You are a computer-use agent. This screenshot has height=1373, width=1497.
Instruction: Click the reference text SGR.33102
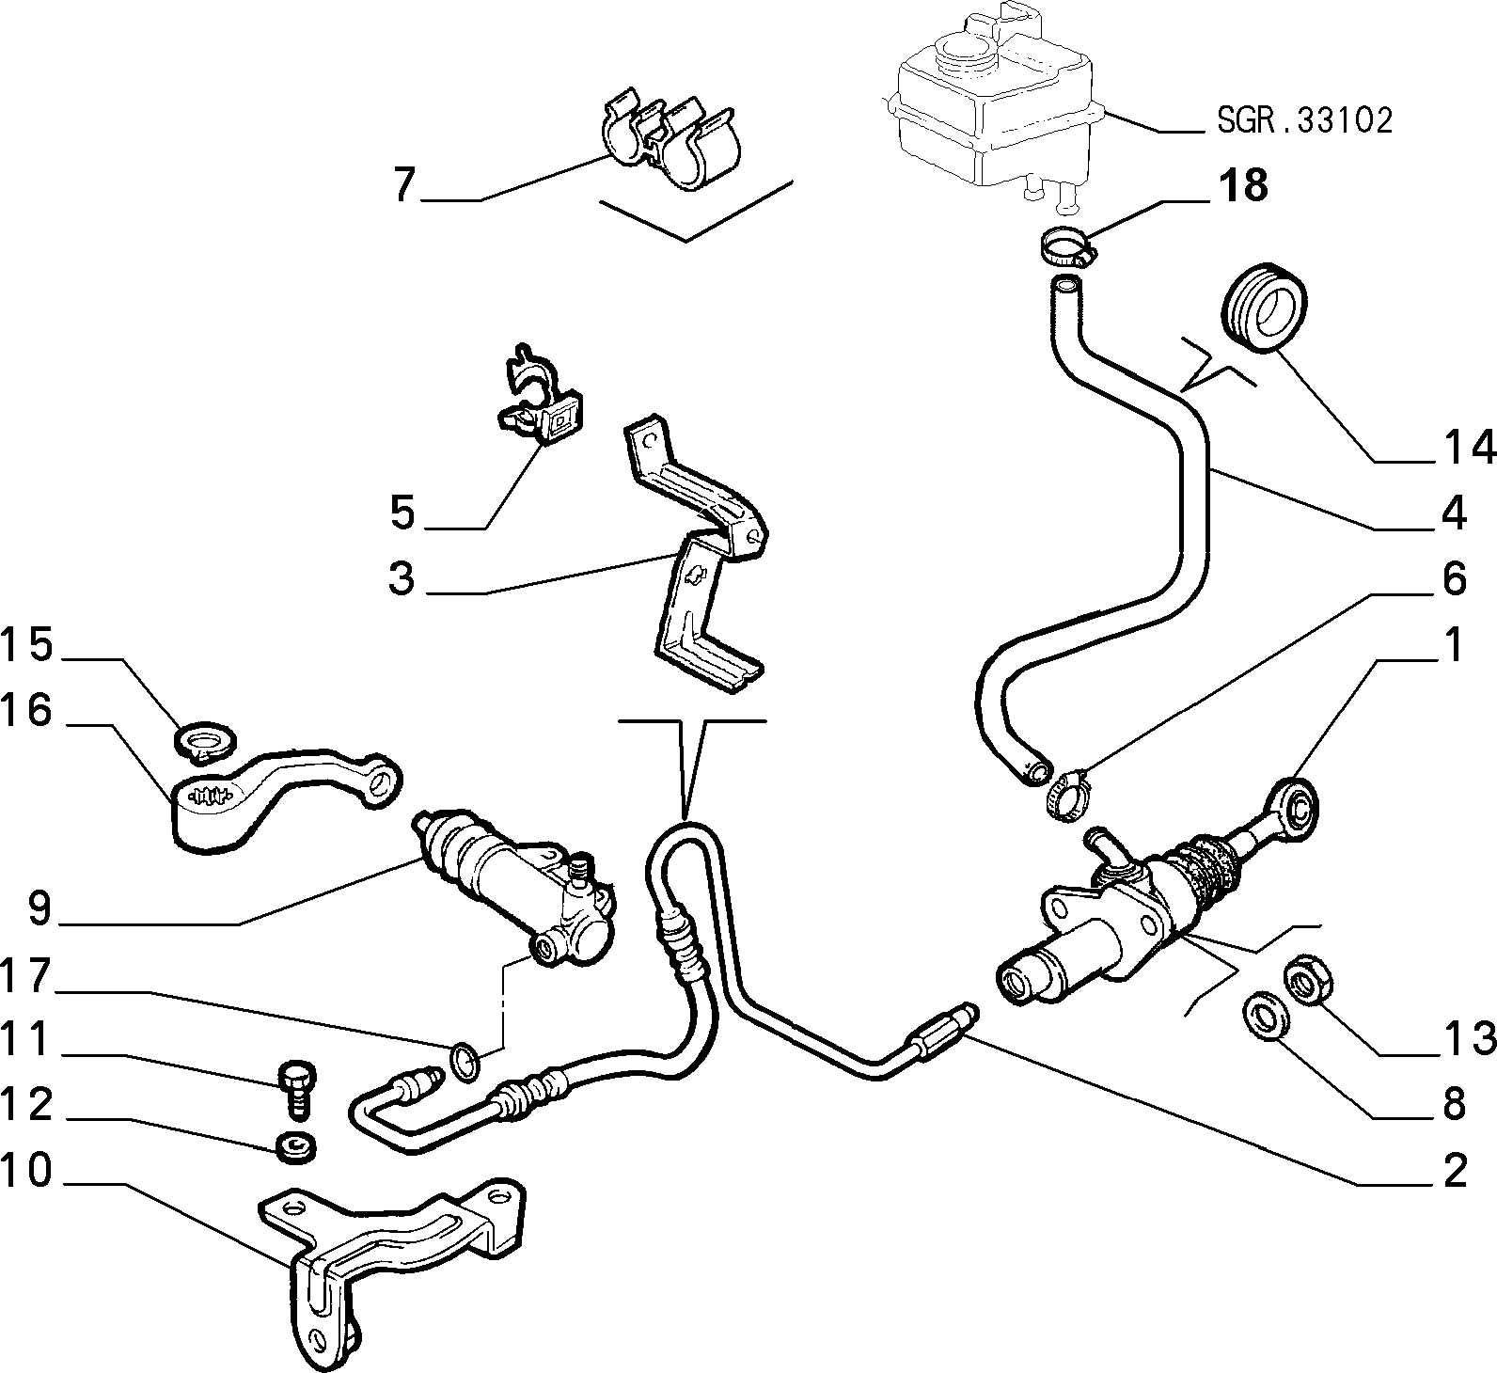1304,120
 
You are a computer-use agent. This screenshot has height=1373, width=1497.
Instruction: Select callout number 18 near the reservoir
1243,186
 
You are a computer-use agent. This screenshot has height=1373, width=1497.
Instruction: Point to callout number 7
404,186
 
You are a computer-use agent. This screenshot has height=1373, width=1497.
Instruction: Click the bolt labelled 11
297,1088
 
